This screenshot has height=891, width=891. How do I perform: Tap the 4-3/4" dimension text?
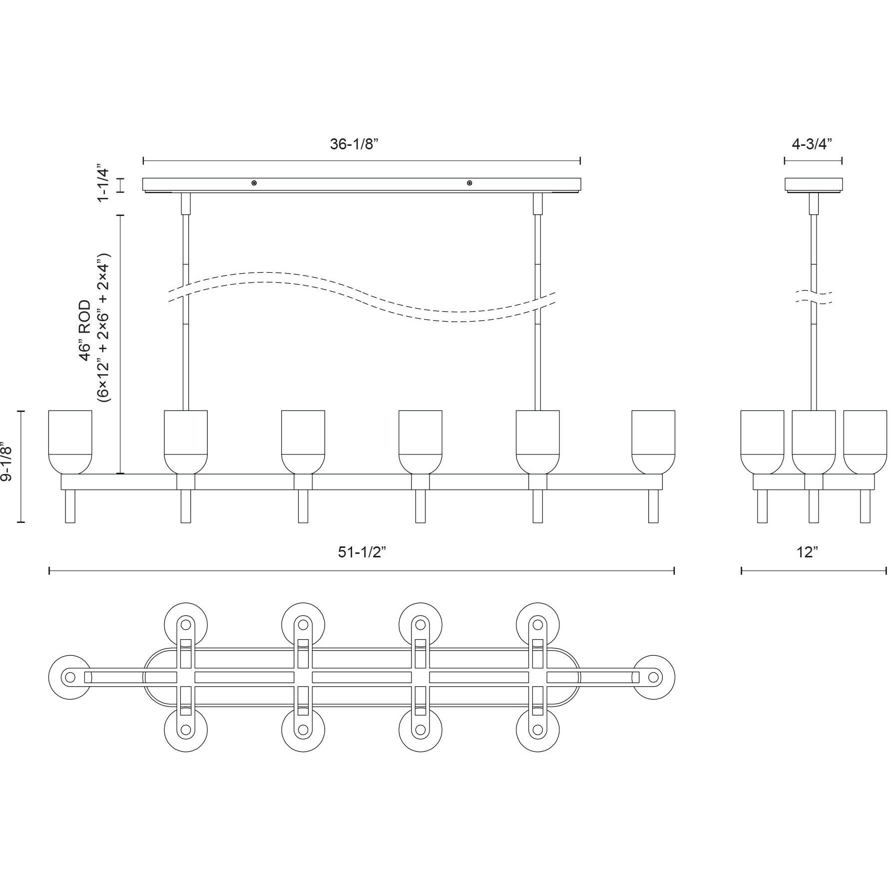pos(813,144)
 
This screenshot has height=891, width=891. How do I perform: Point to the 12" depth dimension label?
pos(808,552)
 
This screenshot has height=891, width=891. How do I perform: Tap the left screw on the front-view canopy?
pos(255,183)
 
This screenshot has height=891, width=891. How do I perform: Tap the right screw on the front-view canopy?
pos(469,183)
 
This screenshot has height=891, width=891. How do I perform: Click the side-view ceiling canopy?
pos(814,184)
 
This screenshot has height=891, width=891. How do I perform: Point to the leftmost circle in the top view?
pos(70,677)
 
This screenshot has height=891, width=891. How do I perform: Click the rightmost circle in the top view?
pos(653,677)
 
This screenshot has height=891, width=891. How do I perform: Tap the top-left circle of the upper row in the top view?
pos(185,624)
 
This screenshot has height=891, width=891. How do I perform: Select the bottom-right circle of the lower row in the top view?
pos(538,730)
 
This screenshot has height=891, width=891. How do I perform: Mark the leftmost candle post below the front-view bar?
pos(70,506)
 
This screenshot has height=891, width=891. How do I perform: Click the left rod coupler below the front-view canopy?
pos(185,204)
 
